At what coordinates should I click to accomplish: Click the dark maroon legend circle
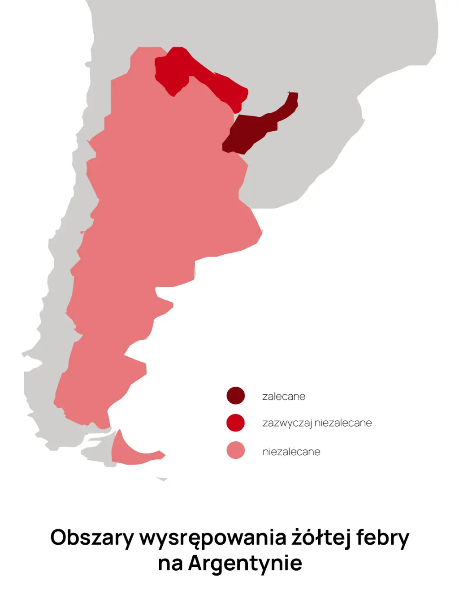235,396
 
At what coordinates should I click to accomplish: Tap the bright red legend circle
235,423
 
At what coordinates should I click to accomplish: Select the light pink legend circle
235,450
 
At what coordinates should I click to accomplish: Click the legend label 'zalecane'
284,397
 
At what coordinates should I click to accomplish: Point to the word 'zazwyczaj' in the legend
287,423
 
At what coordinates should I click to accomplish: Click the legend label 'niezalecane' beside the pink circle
291,452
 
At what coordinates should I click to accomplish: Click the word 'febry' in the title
383,538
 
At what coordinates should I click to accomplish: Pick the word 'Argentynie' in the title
245,563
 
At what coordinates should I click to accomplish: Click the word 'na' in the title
170,564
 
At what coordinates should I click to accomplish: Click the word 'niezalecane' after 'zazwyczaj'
343,423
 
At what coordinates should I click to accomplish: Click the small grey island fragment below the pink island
162,479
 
